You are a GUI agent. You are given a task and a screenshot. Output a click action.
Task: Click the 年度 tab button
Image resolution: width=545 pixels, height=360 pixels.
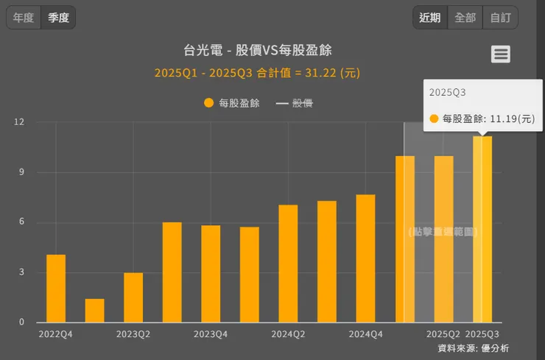[24, 18]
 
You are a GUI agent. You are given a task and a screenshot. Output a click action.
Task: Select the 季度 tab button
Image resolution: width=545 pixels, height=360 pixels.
[58, 18]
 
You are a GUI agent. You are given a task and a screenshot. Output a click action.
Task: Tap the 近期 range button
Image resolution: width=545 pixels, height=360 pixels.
[430, 18]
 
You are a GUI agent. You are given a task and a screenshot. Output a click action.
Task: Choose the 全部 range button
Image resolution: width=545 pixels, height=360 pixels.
[465, 18]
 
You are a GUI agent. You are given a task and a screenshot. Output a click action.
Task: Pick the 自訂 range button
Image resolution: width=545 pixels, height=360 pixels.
[500, 18]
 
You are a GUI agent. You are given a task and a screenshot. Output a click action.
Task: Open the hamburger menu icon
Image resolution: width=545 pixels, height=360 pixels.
[501, 54]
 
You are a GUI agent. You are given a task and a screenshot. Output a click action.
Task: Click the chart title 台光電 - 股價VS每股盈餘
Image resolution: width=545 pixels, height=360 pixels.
[257, 50]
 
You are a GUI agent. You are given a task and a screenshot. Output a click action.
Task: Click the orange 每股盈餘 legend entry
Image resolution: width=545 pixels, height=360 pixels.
[232, 103]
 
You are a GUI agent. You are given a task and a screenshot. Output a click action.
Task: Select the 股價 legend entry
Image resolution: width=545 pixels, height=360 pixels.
[295, 103]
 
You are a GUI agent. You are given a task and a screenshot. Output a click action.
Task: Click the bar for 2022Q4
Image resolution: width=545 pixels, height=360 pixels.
[56, 288]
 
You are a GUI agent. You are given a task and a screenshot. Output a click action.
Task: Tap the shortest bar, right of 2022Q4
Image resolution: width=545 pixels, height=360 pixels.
[94, 310]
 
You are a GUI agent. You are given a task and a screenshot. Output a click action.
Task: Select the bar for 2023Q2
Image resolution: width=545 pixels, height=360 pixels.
[133, 297]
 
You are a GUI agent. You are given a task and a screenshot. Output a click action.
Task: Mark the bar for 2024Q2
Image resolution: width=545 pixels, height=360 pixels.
[288, 264]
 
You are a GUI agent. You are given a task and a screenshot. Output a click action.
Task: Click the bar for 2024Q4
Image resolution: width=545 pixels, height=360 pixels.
[365, 258]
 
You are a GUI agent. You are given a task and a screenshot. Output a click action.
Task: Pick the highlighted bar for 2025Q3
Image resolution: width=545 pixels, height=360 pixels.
[482, 229]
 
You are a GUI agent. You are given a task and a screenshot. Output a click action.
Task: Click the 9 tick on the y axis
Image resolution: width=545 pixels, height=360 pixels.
[21, 172]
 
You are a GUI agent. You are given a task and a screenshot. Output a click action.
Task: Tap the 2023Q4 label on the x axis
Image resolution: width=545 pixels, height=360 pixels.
[211, 333]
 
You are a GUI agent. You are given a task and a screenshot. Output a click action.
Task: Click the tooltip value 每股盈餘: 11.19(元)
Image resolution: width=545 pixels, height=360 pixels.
[482, 119]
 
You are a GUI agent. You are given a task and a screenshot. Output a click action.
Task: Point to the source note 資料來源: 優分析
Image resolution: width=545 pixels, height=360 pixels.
[473, 348]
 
